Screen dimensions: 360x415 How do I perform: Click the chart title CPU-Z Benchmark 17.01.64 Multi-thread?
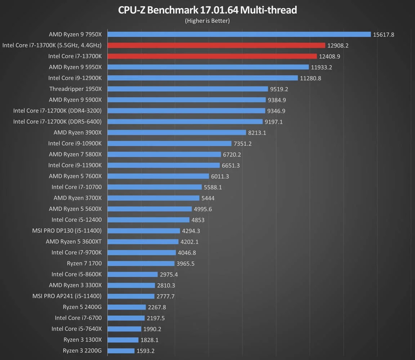(207, 10)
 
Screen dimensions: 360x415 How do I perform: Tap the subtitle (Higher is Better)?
(207, 21)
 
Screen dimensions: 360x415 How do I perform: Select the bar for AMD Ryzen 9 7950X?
(239, 35)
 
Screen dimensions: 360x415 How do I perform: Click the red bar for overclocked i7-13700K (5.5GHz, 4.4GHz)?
(217, 45)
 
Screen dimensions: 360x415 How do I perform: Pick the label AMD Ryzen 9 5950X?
(75, 67)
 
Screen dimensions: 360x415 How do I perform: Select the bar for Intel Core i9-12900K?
(203, 78)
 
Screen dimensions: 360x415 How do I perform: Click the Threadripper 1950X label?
(76, 89)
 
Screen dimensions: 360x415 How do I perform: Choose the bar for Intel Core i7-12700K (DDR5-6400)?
(185, 122)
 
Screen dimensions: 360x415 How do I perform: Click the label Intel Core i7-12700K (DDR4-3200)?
(57, 111)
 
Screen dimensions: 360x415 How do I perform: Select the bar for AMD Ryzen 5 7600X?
(158, 176)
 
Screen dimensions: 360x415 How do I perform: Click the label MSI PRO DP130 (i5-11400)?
(67, 230)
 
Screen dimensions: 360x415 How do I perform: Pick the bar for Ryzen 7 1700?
(141, 264)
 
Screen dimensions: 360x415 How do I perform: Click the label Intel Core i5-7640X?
(76, 329)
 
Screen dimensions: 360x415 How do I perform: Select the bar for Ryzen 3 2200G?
(121, 351)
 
